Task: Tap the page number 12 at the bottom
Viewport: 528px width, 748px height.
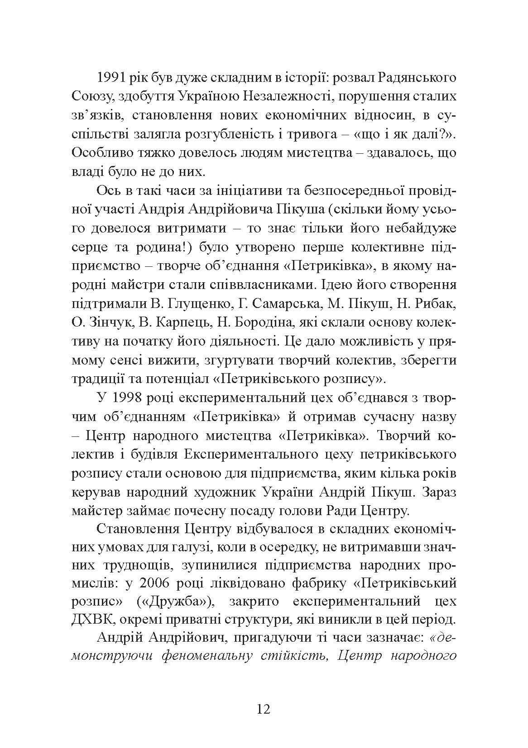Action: pos(263,709)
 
